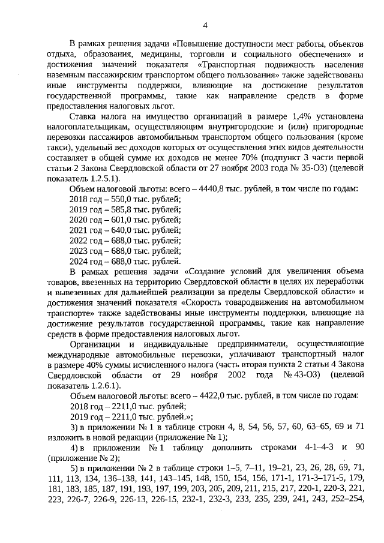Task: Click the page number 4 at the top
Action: (x=205, y=25)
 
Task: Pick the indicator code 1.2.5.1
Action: (x=104, y=179)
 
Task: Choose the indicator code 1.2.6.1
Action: (x=104, y=385)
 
